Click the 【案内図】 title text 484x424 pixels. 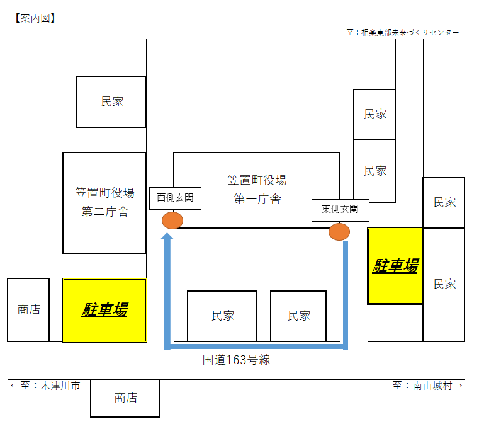35,18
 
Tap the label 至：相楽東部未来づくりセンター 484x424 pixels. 403,32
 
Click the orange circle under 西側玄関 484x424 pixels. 172,221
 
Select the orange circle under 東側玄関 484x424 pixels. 339,231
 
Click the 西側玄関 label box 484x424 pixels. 175,198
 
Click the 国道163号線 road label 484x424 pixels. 237,360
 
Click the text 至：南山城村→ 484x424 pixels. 427,386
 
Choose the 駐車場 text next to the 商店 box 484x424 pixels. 104,310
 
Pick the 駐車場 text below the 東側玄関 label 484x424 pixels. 395,266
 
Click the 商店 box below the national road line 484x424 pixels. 125,398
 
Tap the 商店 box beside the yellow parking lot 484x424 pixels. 28,310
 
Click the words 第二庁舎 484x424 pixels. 104,212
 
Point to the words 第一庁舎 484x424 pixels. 257,200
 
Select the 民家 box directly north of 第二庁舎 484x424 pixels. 111,102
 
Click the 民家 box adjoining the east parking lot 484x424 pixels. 444,284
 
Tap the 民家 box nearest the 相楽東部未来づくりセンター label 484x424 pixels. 374,115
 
